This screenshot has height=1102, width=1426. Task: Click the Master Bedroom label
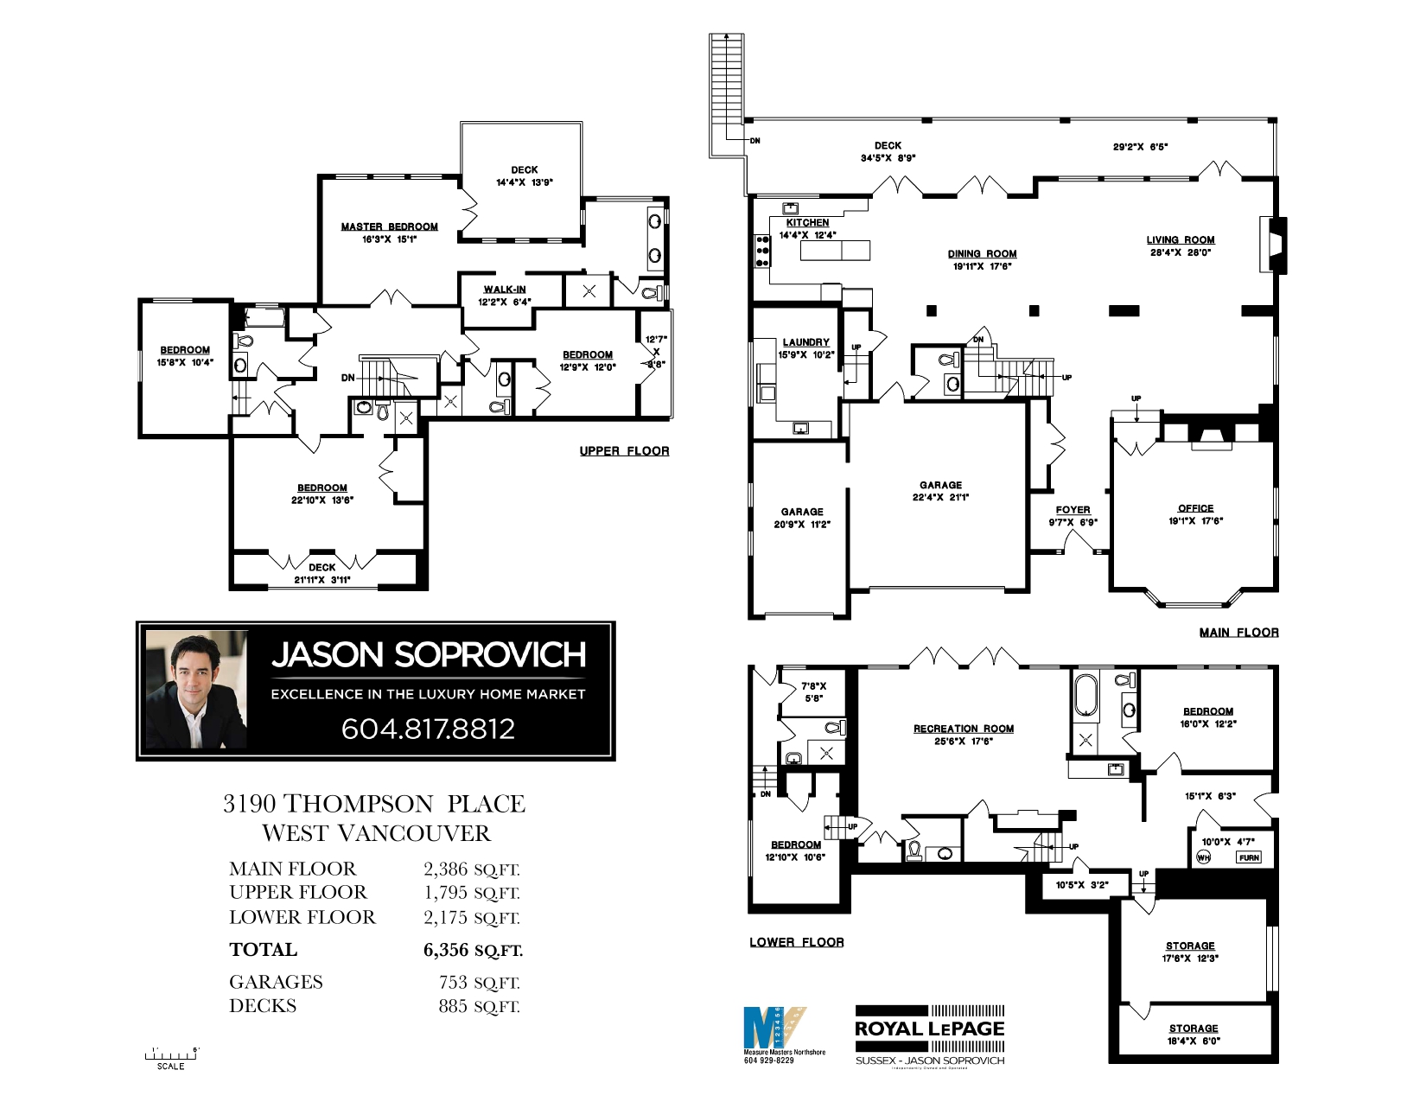point(389,226)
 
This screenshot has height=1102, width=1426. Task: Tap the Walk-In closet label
point(504,290)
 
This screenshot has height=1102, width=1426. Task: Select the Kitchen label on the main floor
point(807,222)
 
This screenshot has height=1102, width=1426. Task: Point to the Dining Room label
point(982,254)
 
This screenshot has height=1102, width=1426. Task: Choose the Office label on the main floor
point(1195,508)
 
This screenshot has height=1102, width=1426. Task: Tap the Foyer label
point(1073,510)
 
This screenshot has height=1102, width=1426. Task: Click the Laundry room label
point(805,342)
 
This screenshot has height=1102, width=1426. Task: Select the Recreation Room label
point(963,729)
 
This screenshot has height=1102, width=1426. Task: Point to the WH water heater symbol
point(1203,857)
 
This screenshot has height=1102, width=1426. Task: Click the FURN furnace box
point(1249,857)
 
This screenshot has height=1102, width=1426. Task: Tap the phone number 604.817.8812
point(428,729)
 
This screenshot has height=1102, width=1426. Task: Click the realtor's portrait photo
point(196,689)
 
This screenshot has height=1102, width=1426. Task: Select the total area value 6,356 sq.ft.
point(473,950)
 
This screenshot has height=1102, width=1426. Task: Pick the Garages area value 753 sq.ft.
point(479,983)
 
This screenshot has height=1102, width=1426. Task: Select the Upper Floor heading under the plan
point(624,451)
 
